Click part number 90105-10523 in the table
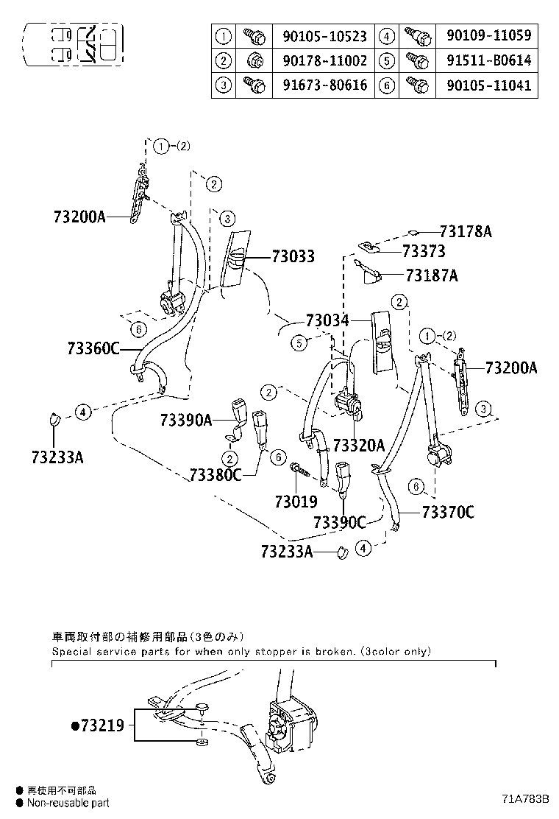click(x=324, y=35)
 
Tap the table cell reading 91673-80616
click(x=324, y=85)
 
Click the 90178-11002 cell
click(x=324, y=60)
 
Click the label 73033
click(x=293, y=257)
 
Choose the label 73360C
click(x=93, y=348)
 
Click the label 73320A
click(x=358, y=445)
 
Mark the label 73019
click(x=296, y=502)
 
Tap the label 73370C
click(x=447, y=513)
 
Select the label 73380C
click(x=215, y=474)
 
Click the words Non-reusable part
click(x=68, y=803)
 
